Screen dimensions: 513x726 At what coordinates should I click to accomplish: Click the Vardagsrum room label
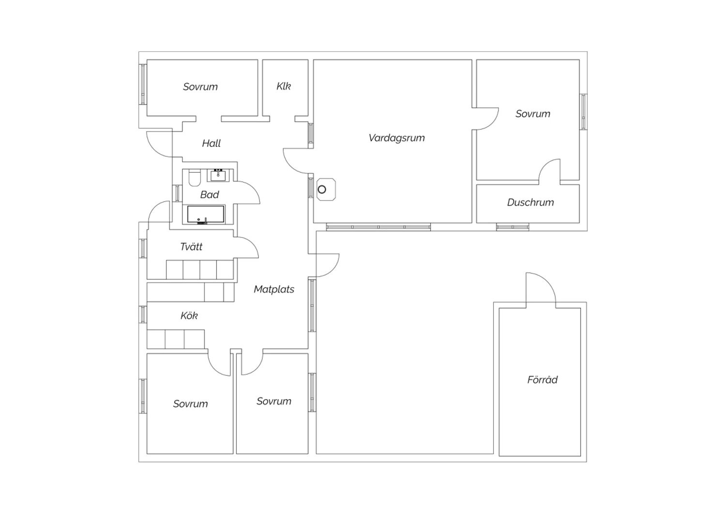396,138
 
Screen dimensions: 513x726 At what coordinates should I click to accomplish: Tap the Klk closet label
284,87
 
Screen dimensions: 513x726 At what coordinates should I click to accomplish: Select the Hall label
211,143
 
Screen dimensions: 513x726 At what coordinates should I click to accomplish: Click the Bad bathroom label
210,195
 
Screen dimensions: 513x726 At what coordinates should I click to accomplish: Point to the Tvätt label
191,247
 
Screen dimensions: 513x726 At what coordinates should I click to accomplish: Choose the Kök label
189,316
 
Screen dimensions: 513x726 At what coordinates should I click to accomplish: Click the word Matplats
274,289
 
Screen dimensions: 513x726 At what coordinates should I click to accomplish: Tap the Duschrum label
530,203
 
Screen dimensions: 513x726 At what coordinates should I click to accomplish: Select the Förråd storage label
542,380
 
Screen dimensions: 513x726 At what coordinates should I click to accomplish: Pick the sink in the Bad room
218,175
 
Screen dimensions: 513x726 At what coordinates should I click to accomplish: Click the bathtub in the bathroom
206,214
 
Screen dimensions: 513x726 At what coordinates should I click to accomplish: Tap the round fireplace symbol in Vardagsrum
322,189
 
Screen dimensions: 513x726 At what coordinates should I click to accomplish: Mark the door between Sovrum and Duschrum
550,171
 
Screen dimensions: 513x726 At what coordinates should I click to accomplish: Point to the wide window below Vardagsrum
378,226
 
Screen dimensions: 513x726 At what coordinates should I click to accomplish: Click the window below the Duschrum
513,226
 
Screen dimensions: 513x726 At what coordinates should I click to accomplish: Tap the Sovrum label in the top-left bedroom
200,87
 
